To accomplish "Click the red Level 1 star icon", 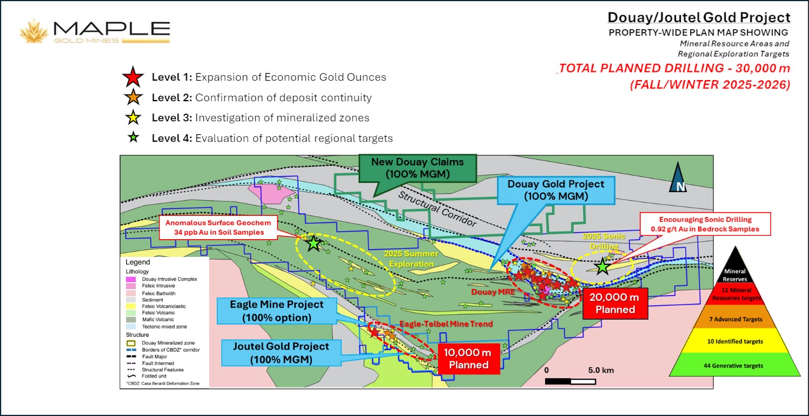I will click(133, 77).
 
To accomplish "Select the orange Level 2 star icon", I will click(133, 98).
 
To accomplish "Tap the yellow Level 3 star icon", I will click(133, 118).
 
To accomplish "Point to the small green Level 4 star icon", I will click(133, 138).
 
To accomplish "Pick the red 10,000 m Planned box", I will click(468, 359).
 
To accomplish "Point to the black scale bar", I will click(571, 381).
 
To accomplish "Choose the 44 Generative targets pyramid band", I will click(736, 366).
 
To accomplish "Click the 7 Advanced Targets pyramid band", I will click(736, 320).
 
